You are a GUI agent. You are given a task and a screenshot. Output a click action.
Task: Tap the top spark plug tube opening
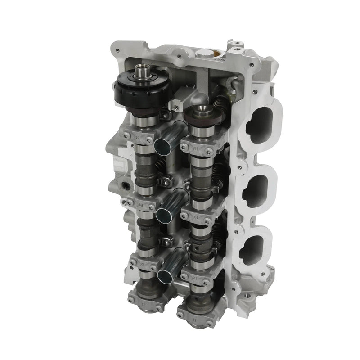pos(162,146)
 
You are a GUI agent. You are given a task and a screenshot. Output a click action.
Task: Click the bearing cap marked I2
pos(198,279)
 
